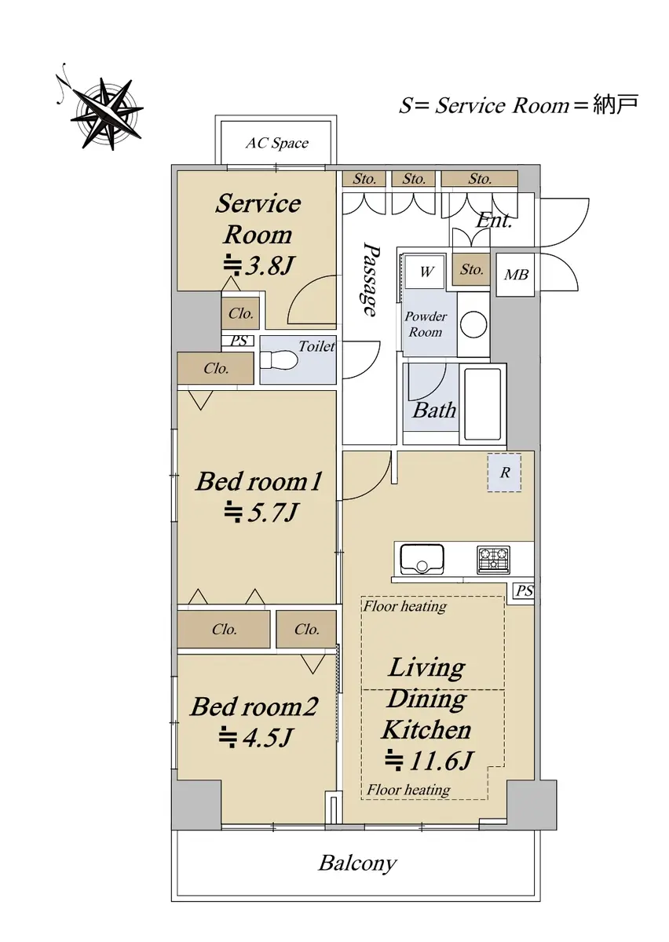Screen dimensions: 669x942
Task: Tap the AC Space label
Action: click(x=277, y=144)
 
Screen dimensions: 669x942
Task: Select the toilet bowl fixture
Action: click(x=278, y=360)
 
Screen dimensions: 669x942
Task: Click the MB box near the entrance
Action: click(x=515, y=275)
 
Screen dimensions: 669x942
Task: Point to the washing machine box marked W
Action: click(x=426, y=272)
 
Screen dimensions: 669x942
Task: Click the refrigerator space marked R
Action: click(x=504, y=473)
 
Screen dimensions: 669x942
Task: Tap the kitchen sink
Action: click(x=422, y=559)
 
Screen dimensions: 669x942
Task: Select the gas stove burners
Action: click(x=493, y=560)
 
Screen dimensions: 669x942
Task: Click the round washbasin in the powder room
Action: click(x=473, y=325)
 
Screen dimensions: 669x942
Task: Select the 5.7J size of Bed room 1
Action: click(x=261, y=512)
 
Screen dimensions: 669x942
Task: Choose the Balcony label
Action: click(x=357, y=863)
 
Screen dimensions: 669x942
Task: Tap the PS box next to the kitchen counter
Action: click(x=525, y=591)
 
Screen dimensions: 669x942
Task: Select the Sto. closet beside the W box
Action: click(x=471, y=269)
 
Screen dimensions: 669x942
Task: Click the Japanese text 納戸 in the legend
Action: click(x=616, y=104)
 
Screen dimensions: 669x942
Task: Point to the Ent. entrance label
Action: click(x=494, y=220)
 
